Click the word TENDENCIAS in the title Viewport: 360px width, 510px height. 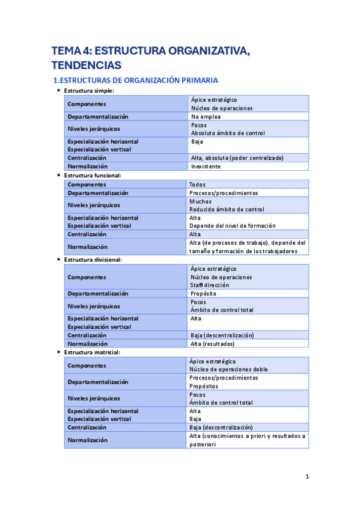point(87,64)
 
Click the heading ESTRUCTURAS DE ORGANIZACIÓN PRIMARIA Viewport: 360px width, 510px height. point(135,80)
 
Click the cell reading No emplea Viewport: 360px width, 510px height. point(206,117)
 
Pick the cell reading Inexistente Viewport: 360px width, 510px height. point(206,166)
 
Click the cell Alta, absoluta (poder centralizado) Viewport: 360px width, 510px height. point(236,158)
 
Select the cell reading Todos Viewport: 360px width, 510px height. point(198,185)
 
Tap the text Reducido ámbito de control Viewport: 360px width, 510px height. point(227,209)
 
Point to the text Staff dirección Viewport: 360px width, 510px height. point(210,285)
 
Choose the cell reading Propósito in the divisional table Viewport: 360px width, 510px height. point(204,293)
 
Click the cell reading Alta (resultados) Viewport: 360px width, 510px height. point(212,343)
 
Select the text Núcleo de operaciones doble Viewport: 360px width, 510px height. point(228,369)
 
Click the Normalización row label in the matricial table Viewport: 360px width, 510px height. point(88,440)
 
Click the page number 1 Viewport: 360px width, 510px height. point(307,477)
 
